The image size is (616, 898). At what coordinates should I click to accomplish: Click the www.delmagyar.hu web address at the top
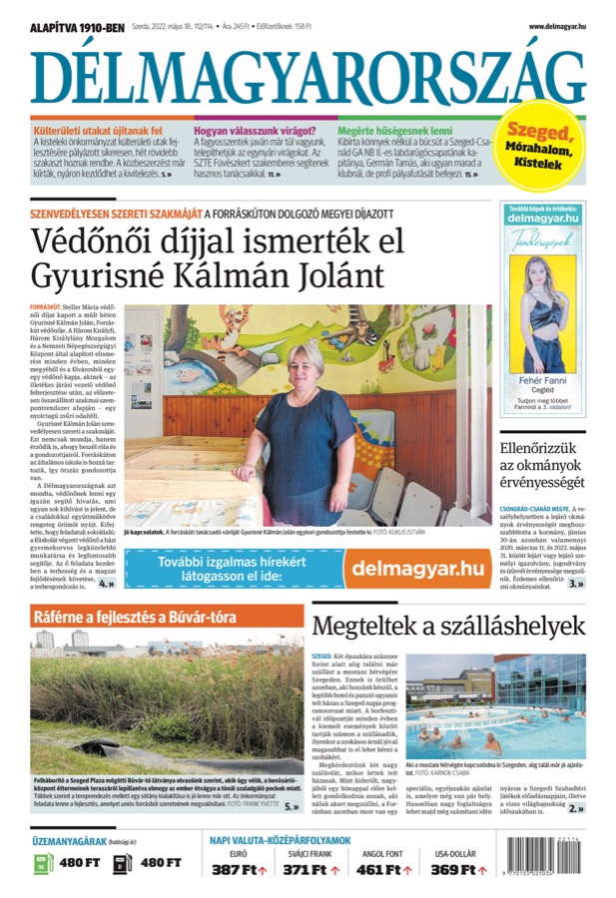pos(557,27)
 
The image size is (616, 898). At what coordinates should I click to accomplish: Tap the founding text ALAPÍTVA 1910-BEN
pos(77,27)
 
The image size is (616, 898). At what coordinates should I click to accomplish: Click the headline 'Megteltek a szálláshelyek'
pos(448,626)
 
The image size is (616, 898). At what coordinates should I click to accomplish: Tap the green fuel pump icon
pos(42,862)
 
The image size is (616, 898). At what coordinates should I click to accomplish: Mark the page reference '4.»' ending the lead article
pos(105,584)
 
